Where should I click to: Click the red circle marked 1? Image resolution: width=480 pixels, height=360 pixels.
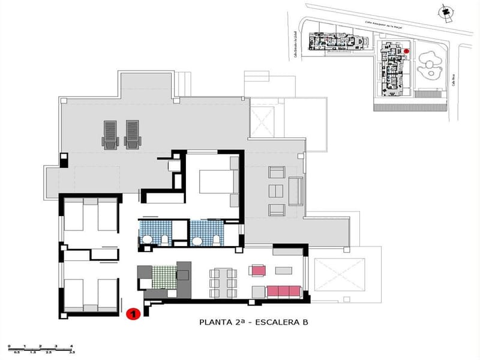pyautogui.click(x=134, y=313)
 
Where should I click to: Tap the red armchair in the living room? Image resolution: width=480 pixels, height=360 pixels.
pyautogui.click(x=258, y=270)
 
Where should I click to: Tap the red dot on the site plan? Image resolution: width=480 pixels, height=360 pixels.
pyautogui.click(x=406, y=52)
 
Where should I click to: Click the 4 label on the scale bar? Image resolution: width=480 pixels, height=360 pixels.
pyautogui.click(x=71, y=347)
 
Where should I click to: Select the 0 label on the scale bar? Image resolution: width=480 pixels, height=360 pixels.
pyautogui.click(x=9, y=347)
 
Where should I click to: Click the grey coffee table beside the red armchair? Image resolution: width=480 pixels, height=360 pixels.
pyautogui.click(x=282, y=269)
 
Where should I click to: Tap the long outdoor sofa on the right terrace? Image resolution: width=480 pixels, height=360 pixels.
pyautogui.click(x=296, y=191)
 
